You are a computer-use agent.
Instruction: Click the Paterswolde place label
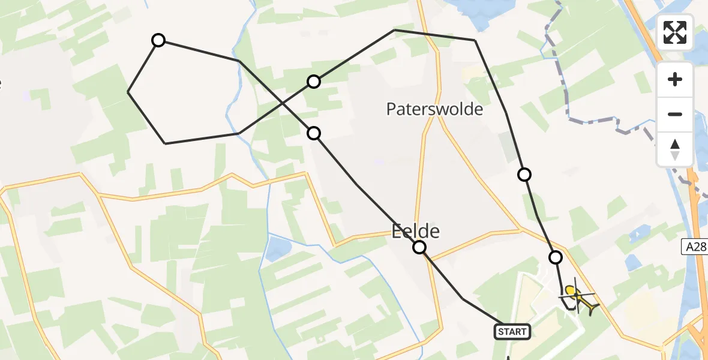pos(434,109)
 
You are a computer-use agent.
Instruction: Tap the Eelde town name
pos(416,231)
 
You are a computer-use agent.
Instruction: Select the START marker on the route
pos(512,331)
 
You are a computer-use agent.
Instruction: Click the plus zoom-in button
pos(675,80)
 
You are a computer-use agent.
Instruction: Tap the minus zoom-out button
pos(675,114)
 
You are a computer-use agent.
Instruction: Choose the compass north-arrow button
pos(675,149)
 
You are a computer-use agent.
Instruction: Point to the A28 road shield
pos(694,246)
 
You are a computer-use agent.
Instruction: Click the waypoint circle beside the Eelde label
pos(419,247)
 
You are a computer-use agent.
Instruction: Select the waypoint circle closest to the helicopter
pos(556,257)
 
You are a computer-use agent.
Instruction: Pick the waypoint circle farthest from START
pos(158,40)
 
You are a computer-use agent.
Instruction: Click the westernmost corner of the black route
pos(128,92)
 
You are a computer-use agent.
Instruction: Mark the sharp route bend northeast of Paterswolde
pos(475,40)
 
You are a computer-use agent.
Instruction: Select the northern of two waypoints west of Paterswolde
pos(314,82)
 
